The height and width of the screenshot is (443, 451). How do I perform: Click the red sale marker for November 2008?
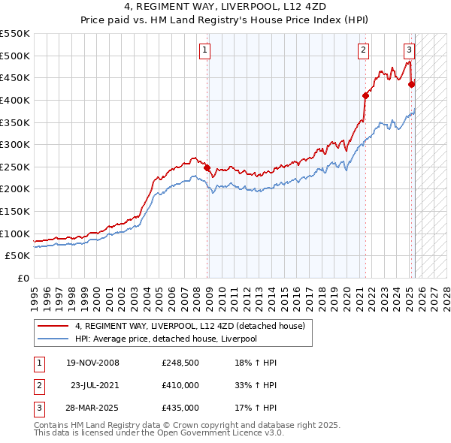[207, 168]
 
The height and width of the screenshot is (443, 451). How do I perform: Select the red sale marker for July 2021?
[365, 95]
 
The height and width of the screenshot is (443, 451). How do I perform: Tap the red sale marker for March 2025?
[411, 84]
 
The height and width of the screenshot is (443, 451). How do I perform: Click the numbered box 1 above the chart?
[204, 50]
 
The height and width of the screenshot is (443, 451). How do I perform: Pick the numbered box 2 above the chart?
[363, 50]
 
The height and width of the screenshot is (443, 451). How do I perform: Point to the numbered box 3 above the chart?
[409, 50]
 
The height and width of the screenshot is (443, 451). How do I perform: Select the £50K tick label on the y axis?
[17, 256]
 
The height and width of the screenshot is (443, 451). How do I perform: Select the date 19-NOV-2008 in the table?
[93, 363]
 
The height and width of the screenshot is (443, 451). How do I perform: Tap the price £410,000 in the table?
[180, 385]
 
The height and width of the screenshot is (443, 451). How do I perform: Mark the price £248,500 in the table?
[180, 363]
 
